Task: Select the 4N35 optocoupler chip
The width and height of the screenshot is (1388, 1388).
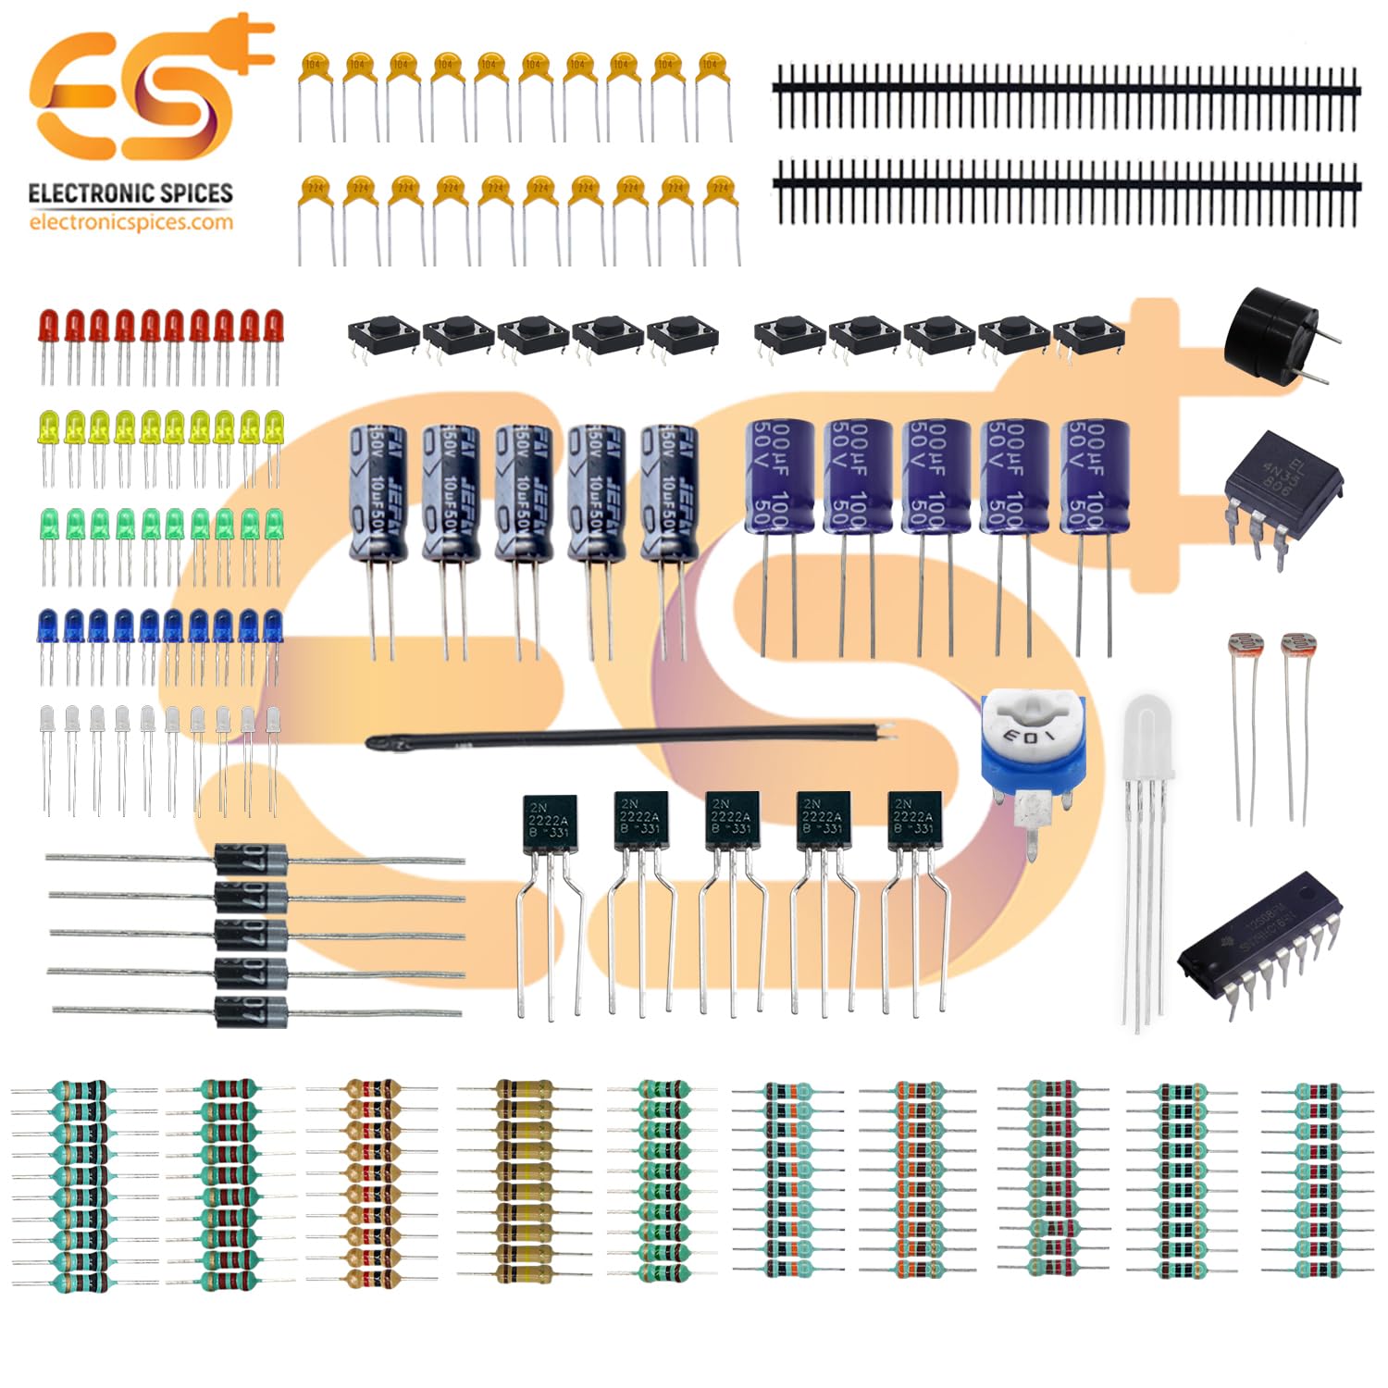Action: (1283, 485)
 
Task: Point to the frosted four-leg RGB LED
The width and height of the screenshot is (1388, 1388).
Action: (1148, 740)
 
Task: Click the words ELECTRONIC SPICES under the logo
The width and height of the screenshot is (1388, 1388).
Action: (130, 193)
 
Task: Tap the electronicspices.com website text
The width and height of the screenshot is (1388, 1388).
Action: (130, 222)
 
